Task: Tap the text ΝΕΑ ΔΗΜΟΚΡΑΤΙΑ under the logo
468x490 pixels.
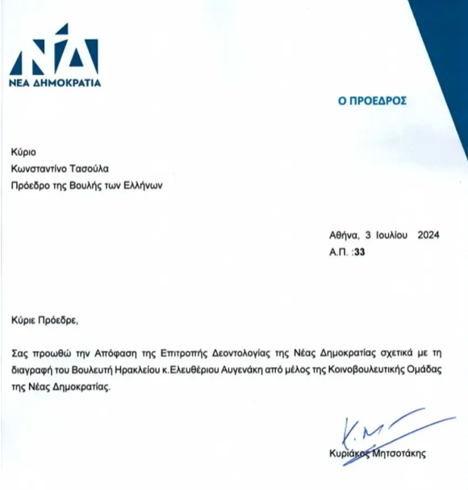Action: tap(54, 82)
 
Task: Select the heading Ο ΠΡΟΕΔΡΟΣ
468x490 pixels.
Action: tap(371, 102)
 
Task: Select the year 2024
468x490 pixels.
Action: tap(429, 236)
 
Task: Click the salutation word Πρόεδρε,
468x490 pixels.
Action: tap(61, 320)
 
